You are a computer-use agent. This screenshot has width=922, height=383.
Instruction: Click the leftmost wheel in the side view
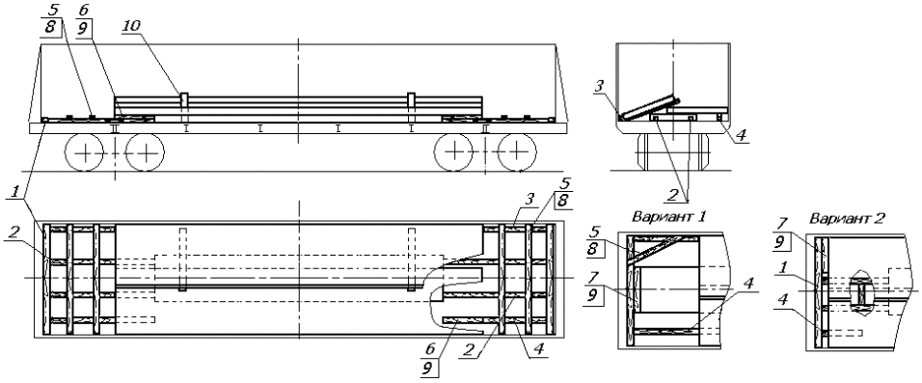pos(85,153)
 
